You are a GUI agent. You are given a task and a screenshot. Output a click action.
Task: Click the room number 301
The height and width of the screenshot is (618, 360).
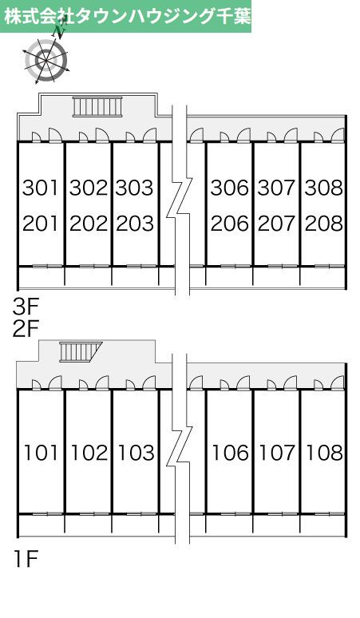click(41, 188)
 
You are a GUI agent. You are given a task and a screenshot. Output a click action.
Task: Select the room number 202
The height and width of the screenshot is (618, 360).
click(89, 224)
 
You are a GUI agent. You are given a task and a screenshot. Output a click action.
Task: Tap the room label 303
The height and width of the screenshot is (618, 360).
click(135, 188)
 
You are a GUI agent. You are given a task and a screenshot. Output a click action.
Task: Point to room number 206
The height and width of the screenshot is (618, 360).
click(230, 224)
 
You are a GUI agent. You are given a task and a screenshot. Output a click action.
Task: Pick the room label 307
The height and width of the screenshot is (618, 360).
click(276, 188)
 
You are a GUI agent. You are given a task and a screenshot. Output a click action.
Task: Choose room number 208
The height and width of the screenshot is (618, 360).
click(324, 224)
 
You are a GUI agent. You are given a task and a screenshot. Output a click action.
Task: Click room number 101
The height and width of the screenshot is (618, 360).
click(41, 453)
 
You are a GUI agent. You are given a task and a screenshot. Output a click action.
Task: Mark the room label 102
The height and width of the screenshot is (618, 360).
click(89, 453)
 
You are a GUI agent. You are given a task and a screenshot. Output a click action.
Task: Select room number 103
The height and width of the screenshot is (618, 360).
click(136, 453)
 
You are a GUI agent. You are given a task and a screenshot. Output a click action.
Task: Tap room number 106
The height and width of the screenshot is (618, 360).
click(231, 453)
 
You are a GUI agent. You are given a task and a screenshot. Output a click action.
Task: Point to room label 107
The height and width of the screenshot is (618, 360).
click(277, 453)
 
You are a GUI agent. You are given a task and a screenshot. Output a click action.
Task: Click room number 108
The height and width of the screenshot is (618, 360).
click(324, 453)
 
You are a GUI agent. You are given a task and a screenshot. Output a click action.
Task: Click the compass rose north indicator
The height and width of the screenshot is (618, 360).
click(60, 32)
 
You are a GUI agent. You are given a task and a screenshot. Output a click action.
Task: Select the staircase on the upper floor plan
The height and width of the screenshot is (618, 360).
click(97, 107)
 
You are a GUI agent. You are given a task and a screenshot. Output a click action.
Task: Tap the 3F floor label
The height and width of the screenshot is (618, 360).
click(25, 307)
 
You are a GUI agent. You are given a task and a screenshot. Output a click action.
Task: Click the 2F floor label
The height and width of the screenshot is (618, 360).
click(25, 330)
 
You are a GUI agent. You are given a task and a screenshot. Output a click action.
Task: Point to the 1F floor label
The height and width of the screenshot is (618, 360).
click(26, 558)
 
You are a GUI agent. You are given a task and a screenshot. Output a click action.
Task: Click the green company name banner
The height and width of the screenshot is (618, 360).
click(125, 16)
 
